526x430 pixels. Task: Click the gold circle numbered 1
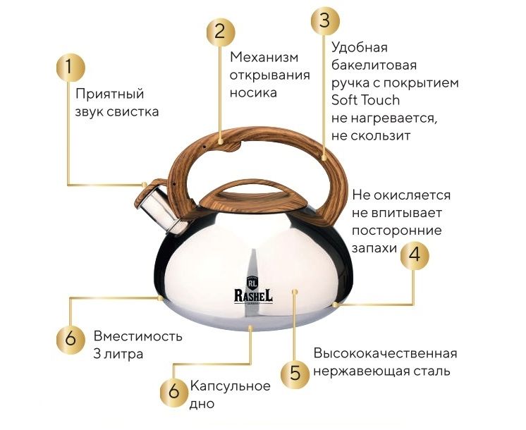(70, 67)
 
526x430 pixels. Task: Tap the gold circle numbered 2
(221, 32)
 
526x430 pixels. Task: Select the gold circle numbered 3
(325, 20)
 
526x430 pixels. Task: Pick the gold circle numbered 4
(415, 255)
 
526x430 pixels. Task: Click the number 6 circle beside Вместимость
(71, 339)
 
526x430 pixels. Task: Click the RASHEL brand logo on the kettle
(253, 290)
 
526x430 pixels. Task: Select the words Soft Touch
(365, 100)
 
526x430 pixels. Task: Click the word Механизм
(264, 57)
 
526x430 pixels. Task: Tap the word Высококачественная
(386, 354)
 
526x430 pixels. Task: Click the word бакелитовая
(374, 65)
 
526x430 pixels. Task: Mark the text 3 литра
(118, 354)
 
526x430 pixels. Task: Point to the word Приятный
(110, 94)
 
